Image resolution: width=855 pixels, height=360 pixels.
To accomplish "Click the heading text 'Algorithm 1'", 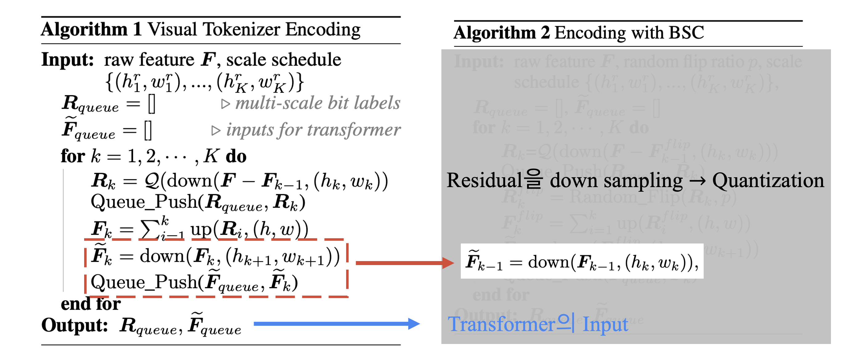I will (91, 30).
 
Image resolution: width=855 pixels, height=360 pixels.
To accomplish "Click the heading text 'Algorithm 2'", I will (501, 33).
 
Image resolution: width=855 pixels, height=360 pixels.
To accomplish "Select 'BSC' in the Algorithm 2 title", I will (686, 33).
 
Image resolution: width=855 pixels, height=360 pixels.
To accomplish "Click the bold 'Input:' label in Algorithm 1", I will (67, 60).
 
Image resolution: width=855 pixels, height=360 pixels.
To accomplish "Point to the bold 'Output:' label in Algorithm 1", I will (74, 325).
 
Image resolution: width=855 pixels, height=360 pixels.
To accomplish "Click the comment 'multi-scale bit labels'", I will (317, 103).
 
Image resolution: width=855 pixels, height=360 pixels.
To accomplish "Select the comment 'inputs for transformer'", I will (313, 130).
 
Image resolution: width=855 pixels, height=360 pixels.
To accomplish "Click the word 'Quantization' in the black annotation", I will (768, 181).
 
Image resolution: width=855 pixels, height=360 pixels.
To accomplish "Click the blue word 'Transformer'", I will (501, 324).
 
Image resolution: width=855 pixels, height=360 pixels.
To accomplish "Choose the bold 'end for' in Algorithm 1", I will (91, 304).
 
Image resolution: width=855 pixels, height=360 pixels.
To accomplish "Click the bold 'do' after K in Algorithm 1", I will (236, 156).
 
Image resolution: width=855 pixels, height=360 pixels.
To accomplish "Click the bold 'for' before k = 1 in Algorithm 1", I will (73, 156).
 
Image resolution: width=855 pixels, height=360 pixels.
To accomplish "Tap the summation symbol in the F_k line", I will (149, 230).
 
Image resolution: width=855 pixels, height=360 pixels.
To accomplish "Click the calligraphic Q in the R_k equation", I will (152, 181).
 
